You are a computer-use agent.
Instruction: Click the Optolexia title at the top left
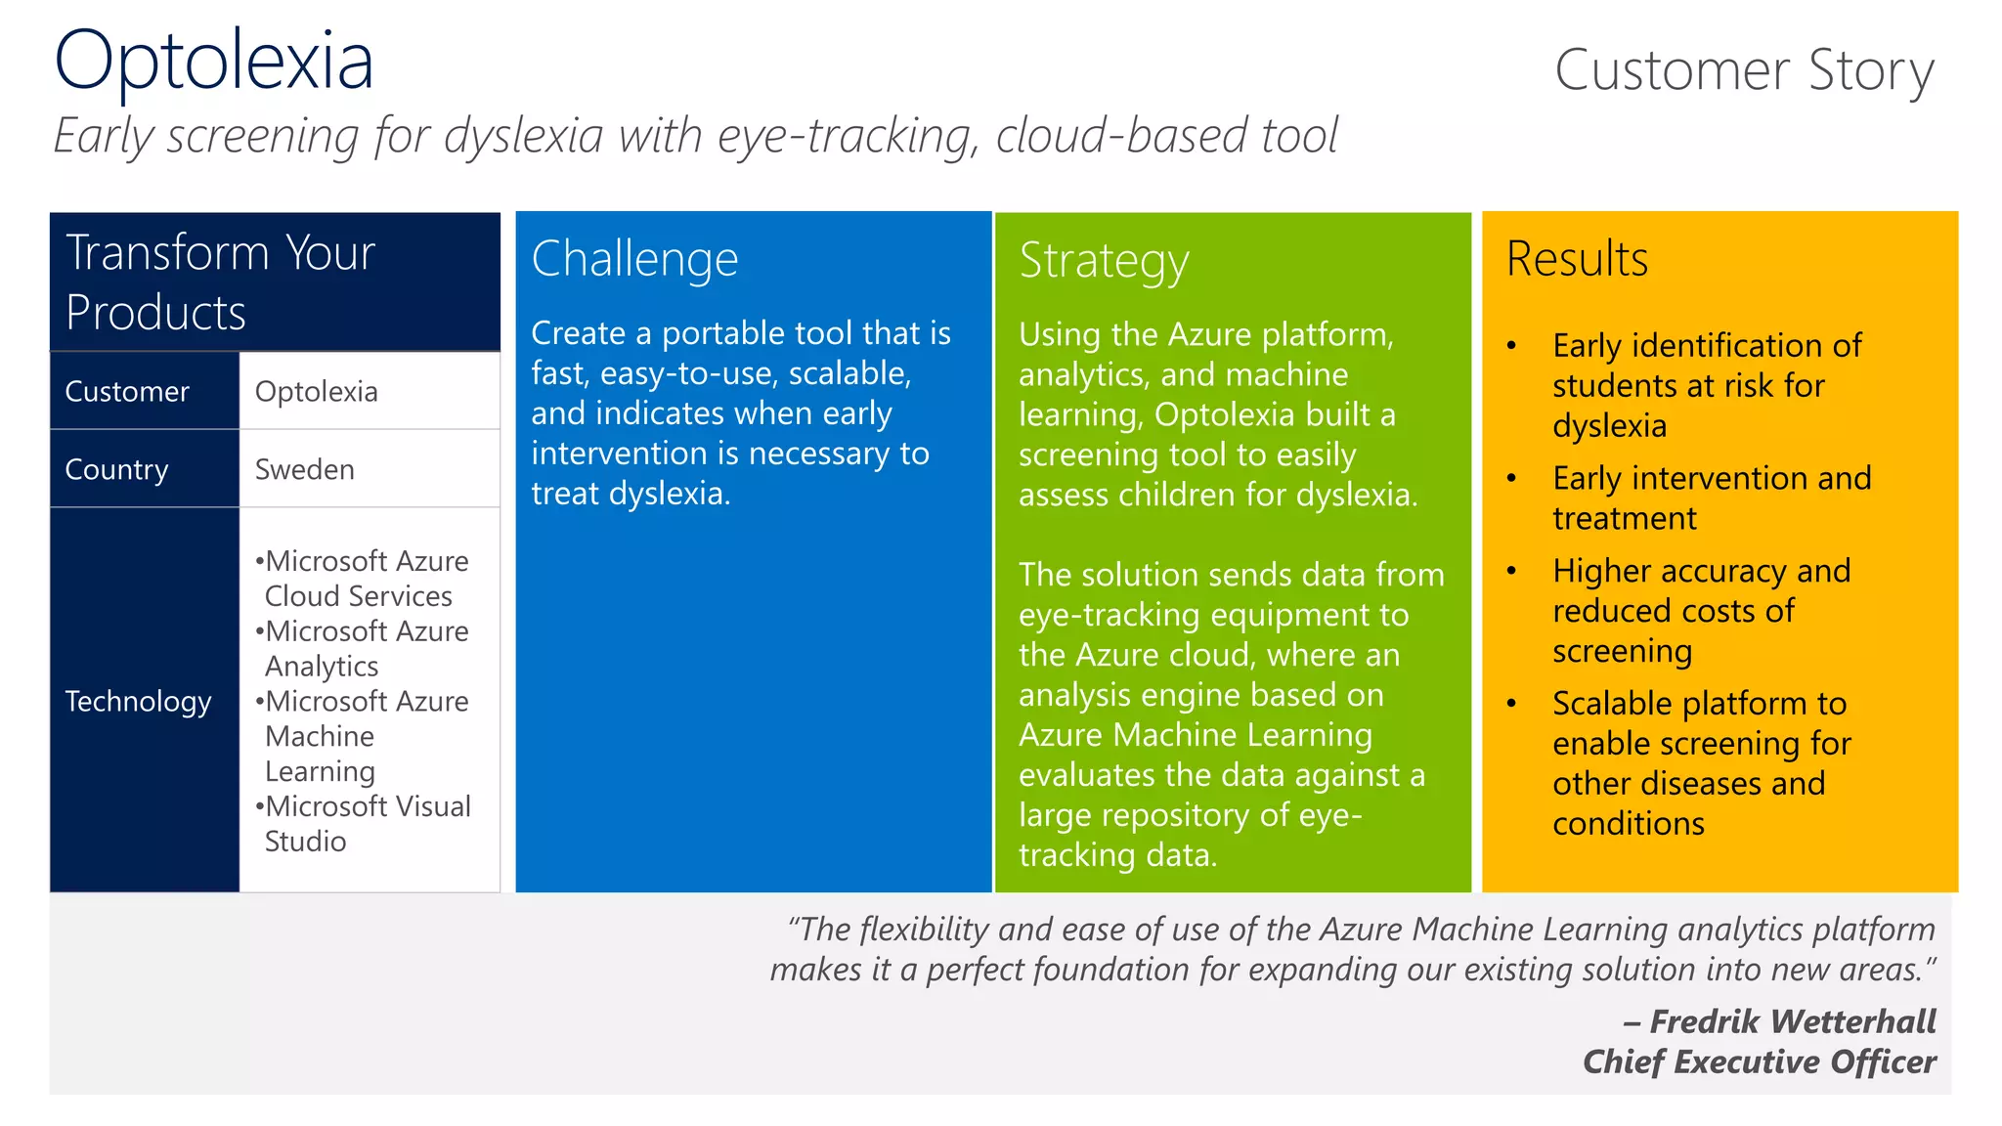(x=213, y=61)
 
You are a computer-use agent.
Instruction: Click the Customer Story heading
(x=1743, y=70)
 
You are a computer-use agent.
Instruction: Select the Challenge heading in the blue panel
(x=634, y=259)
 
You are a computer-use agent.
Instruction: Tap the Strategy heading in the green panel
(x=1104, y=261)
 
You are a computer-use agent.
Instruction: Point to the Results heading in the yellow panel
(x=1577, y=259)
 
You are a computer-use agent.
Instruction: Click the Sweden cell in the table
(x=304, y=469)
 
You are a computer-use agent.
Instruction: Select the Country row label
(x=116, y=469)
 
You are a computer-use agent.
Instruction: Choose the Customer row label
(x=127, y=391)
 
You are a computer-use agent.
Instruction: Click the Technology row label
(x=138, y=701)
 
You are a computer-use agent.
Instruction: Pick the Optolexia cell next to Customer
(x=316, y=391)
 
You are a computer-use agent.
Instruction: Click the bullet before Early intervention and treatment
(x=1511, y=478)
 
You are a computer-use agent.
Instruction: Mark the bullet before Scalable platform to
(x=1511, y=703)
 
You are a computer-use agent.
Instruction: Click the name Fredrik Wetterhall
(x=1792, y=1021)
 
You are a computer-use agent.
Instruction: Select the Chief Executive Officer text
(x=1759, y=1061)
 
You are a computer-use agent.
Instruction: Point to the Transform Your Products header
(x=220, y=281)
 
